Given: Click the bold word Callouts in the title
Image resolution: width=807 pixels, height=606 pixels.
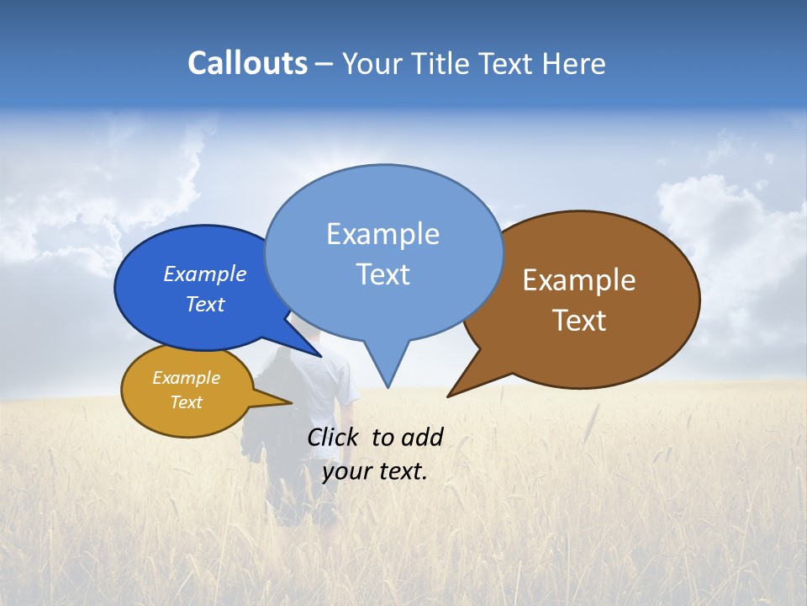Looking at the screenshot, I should click(x=247, y=63).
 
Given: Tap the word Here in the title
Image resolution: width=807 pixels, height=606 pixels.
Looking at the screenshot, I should click(x=574, y=63).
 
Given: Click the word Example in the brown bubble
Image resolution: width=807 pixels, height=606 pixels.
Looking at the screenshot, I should click(x=579, y=280).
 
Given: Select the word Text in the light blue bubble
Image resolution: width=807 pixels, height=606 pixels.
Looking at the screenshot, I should click(x=383, y=274).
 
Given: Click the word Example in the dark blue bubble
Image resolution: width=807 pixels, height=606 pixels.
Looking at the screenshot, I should click(x=205, y=274).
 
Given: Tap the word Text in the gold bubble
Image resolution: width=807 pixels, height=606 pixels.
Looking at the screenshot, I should click(x=187, y=402).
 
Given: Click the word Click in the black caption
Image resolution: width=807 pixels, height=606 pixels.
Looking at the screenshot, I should click(x=333, y=437).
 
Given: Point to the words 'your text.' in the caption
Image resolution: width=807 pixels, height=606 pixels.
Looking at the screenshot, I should click(x=375, y=471).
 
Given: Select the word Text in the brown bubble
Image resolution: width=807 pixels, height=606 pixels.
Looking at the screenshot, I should click(x=579, y=321).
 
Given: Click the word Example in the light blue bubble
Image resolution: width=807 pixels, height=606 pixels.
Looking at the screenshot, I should click(x=383, y=234).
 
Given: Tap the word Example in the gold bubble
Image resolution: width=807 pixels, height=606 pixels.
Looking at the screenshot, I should click(x=187, y=378).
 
